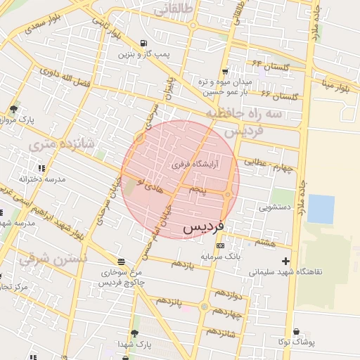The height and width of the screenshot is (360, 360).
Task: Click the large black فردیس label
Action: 204,229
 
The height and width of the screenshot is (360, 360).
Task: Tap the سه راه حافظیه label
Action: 244,113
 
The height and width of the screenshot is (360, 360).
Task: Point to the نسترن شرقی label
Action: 53,259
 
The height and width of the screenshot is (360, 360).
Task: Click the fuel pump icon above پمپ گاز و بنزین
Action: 144,44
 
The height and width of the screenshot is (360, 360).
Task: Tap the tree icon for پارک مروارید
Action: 13,109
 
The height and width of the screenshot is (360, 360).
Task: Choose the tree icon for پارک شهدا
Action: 134,333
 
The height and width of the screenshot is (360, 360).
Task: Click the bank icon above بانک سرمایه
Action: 221,245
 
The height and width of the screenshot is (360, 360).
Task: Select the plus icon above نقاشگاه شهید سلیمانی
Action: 285,261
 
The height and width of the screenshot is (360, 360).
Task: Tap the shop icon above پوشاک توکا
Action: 296,332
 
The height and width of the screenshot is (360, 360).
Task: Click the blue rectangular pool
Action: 321,209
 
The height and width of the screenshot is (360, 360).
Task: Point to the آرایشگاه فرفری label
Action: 195,165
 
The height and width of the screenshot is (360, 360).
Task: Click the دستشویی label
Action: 273,207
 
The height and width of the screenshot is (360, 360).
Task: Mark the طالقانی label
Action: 172,10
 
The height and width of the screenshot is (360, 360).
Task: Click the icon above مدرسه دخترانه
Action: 41,169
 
